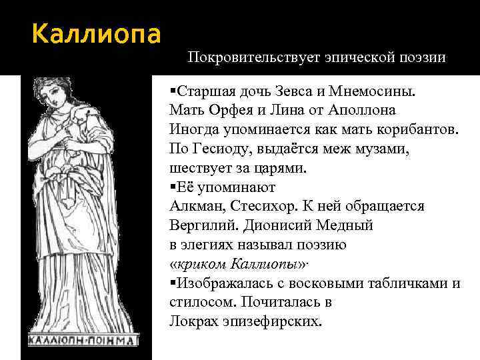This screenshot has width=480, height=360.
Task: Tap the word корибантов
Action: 416,129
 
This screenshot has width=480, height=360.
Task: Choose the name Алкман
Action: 195,206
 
